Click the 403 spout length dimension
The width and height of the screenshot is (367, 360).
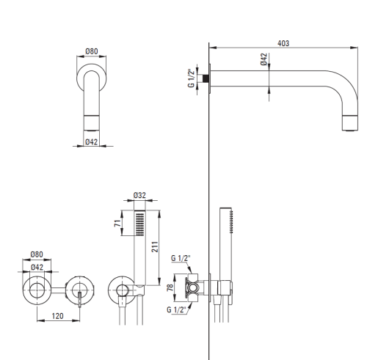283,43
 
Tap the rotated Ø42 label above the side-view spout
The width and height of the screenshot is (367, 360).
264,59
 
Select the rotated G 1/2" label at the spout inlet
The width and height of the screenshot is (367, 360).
191,78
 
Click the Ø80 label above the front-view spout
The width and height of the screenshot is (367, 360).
92,51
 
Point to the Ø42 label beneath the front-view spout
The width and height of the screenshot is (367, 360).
92,142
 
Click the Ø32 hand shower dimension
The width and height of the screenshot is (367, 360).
139,195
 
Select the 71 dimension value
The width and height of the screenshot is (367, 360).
117,223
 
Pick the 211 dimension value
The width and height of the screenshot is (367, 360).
155,247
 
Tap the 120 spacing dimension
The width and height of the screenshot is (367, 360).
57,316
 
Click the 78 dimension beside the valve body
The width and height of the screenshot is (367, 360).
170,287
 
